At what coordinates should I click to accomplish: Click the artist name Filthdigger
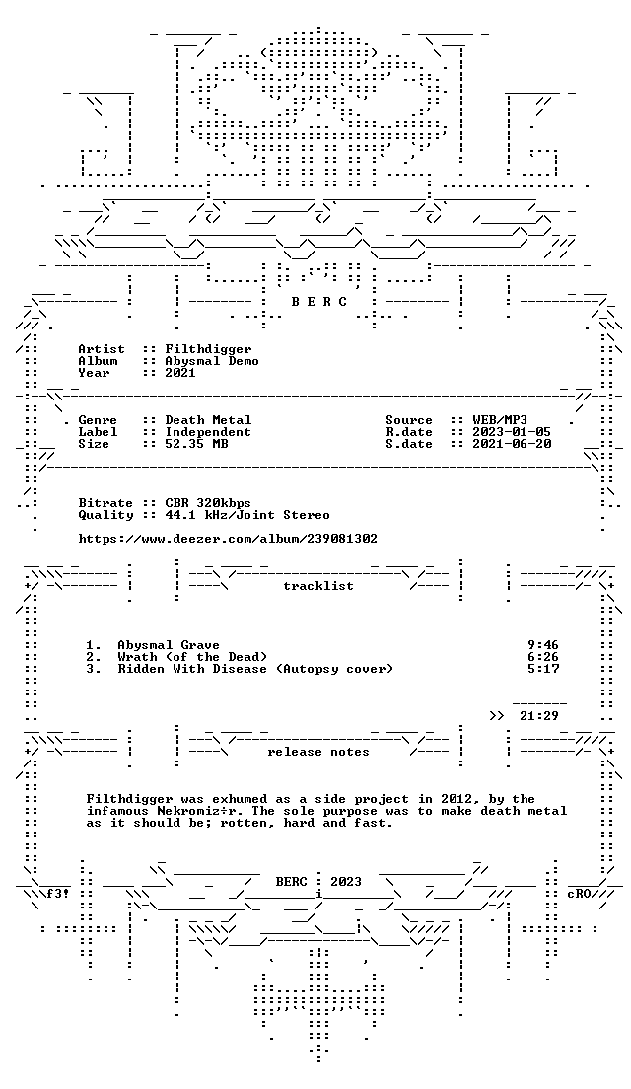tap(208, 349)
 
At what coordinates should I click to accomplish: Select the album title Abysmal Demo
tap(212, 361)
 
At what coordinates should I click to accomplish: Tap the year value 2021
tap(180, 373)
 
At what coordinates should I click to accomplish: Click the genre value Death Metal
tap(208, 420)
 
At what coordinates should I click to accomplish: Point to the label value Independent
tap(208, 432)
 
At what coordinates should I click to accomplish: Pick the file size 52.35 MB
tap(196, 444)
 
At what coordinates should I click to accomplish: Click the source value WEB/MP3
tap(500, 420)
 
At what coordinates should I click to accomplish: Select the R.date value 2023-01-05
tap(513, 432)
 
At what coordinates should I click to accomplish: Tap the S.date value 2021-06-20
tap(513, 444)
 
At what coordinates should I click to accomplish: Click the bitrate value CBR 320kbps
tap(208, 503)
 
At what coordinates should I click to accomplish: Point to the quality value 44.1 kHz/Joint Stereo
tap(247, 515)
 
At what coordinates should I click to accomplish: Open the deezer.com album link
tap(228, 539)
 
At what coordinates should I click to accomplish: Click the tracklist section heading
tap(318, 586)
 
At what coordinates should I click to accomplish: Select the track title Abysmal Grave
tap(169, 645)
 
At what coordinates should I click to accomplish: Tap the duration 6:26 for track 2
tap(543, 657)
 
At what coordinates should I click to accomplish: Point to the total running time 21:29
tap(538, 716)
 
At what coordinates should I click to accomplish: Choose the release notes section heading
tap(318, 752)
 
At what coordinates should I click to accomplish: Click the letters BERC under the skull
tap(318, 302)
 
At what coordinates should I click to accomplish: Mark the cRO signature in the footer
tap(578, 894)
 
